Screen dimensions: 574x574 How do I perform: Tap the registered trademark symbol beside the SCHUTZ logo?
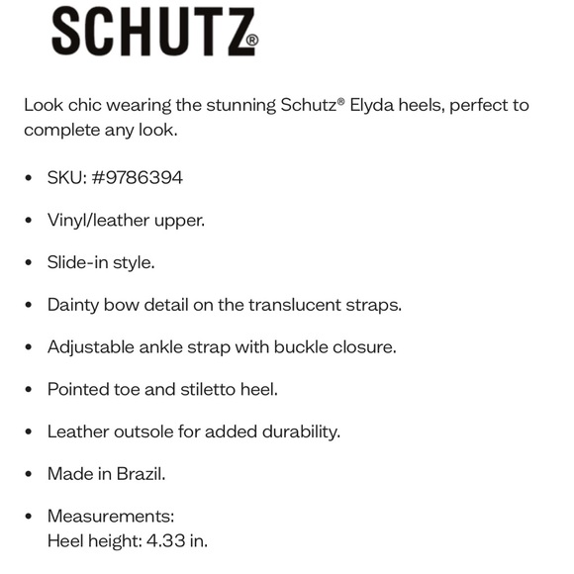click(x=251, y=42)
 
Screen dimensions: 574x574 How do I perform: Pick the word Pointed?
click(x=79, y=389)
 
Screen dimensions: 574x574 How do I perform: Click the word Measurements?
click(x=109, y=517)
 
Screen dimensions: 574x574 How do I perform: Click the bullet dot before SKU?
click(x=28, y=178)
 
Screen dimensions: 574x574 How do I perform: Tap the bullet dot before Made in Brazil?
click(x=28, y=474)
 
